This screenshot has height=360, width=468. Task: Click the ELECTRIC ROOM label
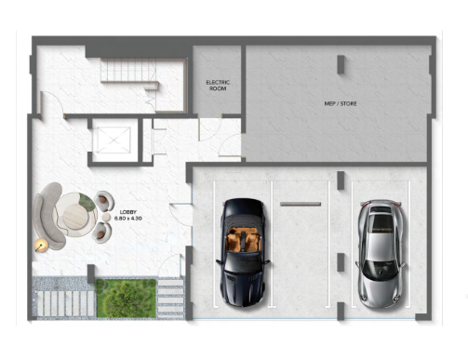click(x=218, y=86)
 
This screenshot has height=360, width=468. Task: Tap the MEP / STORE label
click(x=341, y=103)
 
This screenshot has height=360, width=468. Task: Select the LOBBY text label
click(x=128, y=212)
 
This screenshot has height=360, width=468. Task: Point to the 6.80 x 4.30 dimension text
click(x=128, y=219)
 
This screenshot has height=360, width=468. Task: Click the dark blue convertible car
click(x=244, y=252)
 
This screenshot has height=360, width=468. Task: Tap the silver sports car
click(x=381, y=254)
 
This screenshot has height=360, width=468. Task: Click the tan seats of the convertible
click(x=243, y=239)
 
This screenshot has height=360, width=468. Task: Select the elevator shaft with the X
click(x=114, y=140)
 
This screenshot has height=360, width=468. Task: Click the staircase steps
click(x=128, y=71)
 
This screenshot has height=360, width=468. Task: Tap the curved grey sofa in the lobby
click(x=48, y=215)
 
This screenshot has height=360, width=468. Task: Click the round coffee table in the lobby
click(x=75, y=216)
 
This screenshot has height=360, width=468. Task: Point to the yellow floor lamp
click(x=41, y=246)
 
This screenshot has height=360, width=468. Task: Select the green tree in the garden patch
click(x=126, y=298)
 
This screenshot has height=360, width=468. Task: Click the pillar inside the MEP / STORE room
click(x=341, y=64)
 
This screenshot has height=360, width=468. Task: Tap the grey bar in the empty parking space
click(x=301, y=204)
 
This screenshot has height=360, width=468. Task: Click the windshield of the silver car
click(x=381, y=270)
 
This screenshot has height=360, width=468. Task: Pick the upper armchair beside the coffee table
click(x=103, y=201)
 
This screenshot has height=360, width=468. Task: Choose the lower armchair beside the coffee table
click(x=102, y=233)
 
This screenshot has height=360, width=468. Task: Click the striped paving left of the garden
click(x=65, y=303)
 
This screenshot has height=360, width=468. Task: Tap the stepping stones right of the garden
click(x=171, y=298)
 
